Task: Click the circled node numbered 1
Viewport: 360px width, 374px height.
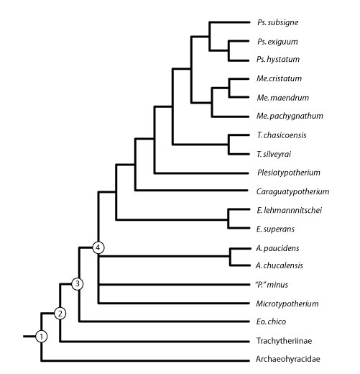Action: pos(42,337)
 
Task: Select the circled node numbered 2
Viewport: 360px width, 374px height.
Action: pos(60,314)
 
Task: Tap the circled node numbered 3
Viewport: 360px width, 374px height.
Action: pos(78,284)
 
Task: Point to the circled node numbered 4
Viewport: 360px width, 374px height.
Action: pos(98,247)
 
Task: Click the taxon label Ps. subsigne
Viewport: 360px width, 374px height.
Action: pos(278,22)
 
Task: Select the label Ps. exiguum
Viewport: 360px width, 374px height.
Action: pos(277,42)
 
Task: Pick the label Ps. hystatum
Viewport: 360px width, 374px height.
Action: pos(278,59)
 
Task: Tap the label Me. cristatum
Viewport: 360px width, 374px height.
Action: pos(279,78)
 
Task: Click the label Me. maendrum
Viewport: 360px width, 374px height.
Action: pos(283,98)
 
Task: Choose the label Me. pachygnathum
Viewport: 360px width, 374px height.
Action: pos(290,116)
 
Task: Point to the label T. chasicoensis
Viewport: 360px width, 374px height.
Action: pos(282,135)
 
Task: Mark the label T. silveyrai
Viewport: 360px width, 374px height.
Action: pos(274,154)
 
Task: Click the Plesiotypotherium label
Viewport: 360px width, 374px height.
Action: pos(289,173)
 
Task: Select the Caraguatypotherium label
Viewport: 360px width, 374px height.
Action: pos(292,191)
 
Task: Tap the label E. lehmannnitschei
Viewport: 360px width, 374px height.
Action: pos(290,210)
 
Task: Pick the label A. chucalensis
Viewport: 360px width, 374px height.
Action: pos(280,265)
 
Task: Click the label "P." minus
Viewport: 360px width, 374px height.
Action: pos(272,285)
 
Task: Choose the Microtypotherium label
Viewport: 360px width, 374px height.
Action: pos(287,304)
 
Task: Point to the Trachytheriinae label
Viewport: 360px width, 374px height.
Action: pos(284,341)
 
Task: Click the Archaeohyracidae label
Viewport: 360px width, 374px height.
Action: pos(288,359)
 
